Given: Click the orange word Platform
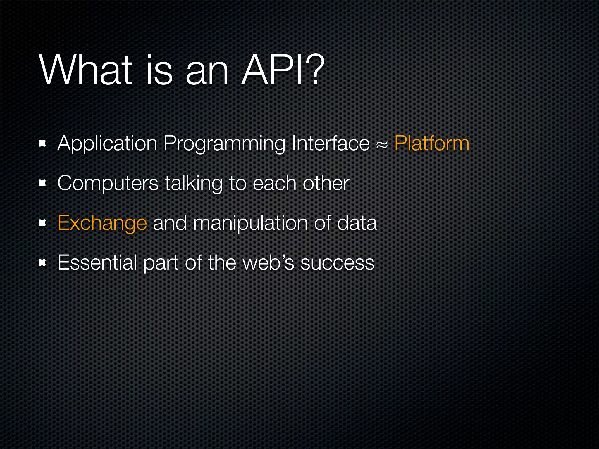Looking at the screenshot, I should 432,144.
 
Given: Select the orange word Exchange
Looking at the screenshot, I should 102,223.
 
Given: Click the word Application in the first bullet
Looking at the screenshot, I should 107,144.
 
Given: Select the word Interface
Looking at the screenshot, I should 331,144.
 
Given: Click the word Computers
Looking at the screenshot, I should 108,184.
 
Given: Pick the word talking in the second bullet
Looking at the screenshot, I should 193,184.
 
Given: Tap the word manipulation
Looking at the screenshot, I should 250,223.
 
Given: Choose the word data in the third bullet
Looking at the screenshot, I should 357,223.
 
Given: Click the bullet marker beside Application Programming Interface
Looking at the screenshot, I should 42,144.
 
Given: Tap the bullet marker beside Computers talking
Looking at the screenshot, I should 42,183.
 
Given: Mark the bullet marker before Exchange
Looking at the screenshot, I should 42,223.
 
